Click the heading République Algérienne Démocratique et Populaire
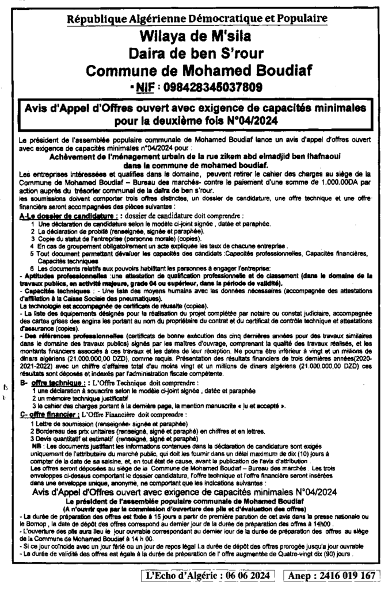(x=197, y=18)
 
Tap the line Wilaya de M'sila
(x=197, y=36)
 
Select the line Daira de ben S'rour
(x=197, y=53)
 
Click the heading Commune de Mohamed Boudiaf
(x=197, y=71)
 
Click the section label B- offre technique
(x=54, y=382)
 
